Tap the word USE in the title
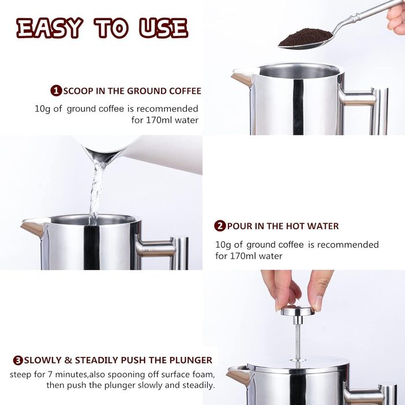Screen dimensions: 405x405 pos(164,28)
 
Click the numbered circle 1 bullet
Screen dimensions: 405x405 pos(56,91)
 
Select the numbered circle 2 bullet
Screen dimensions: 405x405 pos(220,226)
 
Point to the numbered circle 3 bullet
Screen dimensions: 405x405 pos(18,360)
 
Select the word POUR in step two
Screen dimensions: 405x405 pos(239,226)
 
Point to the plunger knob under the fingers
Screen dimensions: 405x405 pos(297,310)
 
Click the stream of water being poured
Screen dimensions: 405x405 pos(96,191)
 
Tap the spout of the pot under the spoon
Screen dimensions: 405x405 pos(241,78)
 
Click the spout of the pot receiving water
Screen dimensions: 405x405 pos(34,227)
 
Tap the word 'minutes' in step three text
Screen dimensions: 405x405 pos(70,374)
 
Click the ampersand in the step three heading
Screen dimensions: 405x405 pos(68,360)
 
